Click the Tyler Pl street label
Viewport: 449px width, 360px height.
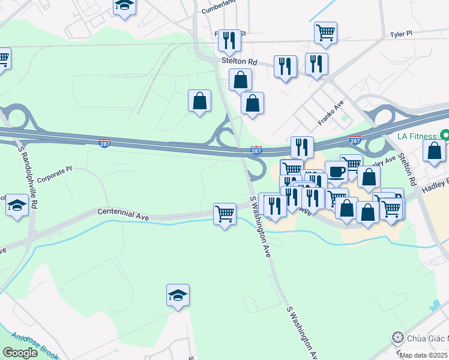(401, 35)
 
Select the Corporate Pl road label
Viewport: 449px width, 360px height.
(54, 175)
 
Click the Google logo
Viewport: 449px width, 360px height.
(20, 353)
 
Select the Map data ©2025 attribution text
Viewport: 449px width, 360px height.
(424, 355)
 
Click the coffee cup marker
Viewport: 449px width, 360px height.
(336, 172)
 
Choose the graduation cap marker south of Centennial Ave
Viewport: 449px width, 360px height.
(178, 295)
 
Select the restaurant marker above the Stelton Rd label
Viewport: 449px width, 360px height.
(229, 40)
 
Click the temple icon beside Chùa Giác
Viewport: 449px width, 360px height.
(397, 337)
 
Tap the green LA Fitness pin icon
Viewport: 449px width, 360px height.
(444, 135)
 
